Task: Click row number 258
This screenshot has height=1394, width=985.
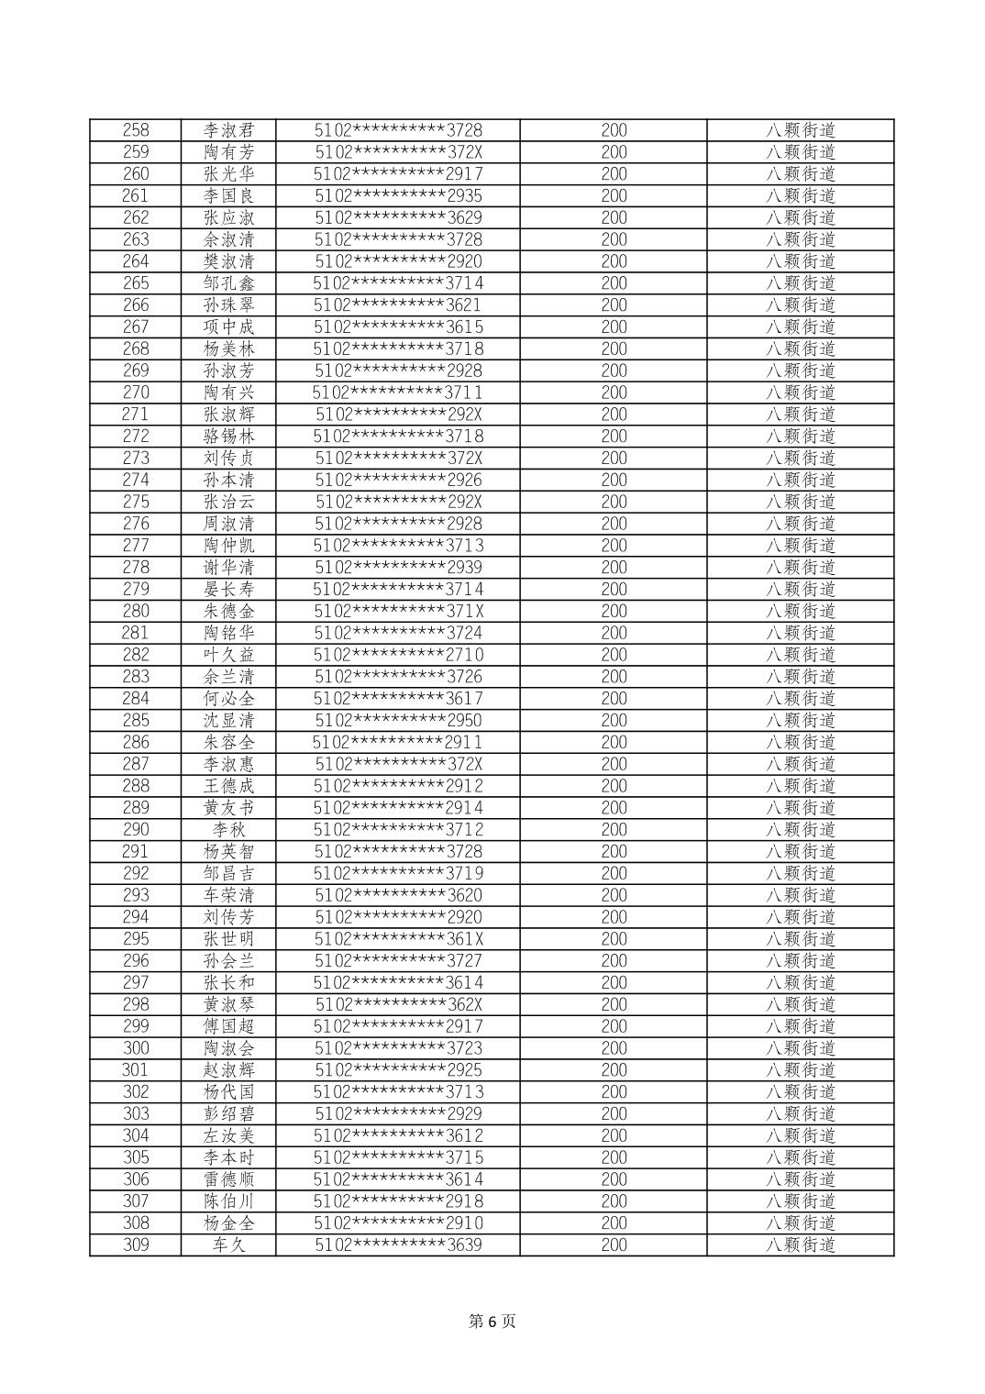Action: click(x=136, y=130)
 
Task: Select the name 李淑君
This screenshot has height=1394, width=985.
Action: click(x=228, y=130)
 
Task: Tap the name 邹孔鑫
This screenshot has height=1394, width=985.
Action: click(x=228, y=283)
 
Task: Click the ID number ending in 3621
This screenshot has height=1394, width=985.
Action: click(x=398, y=305)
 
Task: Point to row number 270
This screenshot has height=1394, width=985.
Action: click(x=136, y=393)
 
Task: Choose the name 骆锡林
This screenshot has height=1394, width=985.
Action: click(x=228, y=437)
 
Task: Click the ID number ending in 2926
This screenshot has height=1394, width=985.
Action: click(x=398, y=480)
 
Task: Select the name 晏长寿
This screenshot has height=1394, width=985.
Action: click(x=228, y=590)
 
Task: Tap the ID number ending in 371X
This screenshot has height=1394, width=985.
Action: click(x=398, y=612)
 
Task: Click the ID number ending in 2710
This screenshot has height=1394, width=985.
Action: click(x=398, y=655)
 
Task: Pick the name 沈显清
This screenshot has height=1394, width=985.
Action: click(x=228, y=721)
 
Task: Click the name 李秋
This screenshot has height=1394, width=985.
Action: click(x=228, y=830)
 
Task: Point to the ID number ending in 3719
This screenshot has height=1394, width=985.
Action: click(x=398, y=874)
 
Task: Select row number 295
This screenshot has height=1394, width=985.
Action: click(x=136, y=939)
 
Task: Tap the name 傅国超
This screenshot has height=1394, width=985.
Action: click(x=228, y=1027)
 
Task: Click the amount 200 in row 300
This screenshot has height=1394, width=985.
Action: click(x=614, y=1048)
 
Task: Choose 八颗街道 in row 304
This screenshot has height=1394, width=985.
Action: click(x=801, y=1136)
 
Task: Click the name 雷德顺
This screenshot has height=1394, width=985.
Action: click(x=228, y=1180)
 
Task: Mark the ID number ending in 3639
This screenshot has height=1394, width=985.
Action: click(x=398, y=1245)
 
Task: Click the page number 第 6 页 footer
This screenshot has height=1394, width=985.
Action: click(x=492, y=1321)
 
